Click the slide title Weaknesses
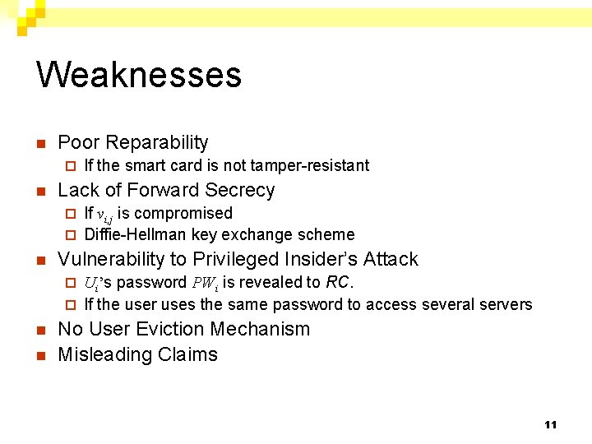139,74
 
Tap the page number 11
550,424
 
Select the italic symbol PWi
205,283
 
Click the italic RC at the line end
338,282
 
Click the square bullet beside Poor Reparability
40,144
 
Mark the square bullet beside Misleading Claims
40,355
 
